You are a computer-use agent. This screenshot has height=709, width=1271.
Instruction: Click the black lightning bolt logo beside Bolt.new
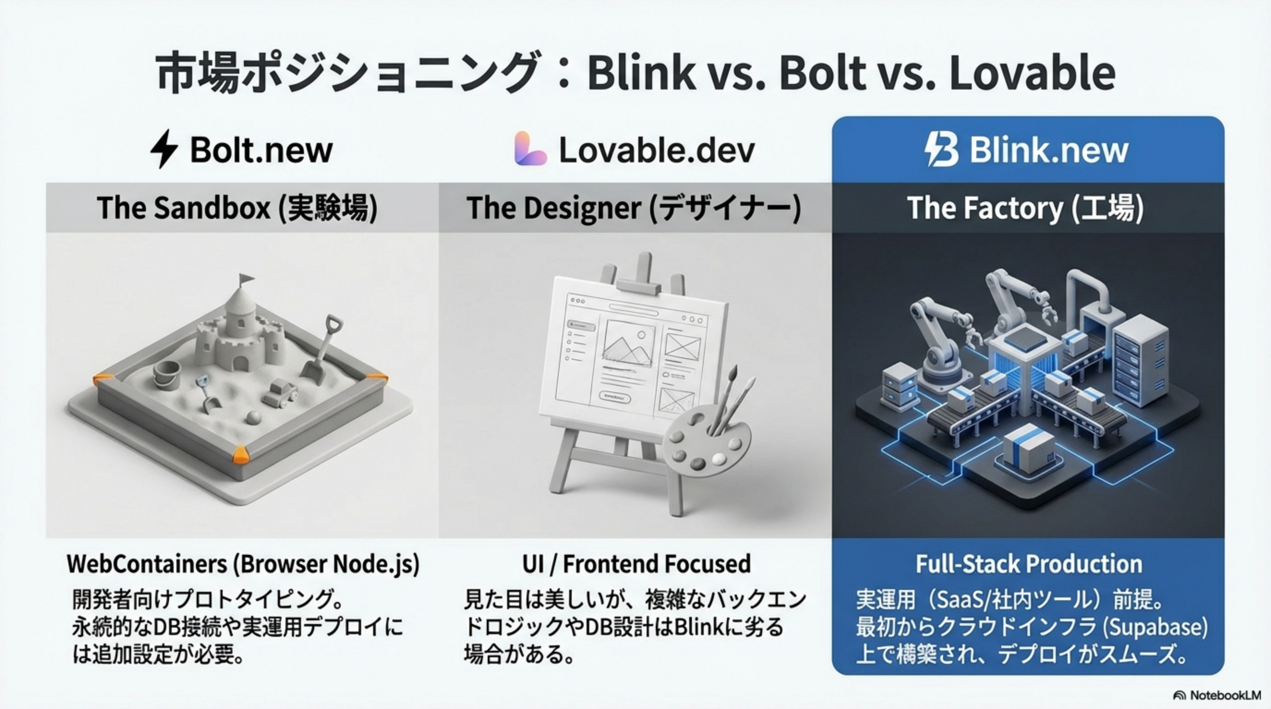[163, 149]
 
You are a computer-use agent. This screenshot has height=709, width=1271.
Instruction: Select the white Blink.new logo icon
[941, 149]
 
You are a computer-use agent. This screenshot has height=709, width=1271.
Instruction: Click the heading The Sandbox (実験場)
[237, 208]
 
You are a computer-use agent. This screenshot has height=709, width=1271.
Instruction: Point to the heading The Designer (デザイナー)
[634, 208]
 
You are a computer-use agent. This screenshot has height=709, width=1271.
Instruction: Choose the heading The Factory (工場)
[1025, 208]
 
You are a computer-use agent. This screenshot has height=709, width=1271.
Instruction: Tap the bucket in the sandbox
[167, 375]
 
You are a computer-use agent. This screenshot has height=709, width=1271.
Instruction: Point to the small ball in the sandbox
[254, 418]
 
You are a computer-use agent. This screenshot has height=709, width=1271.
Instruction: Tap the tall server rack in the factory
[1140, 360]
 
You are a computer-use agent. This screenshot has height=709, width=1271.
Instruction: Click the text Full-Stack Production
[1029, 564]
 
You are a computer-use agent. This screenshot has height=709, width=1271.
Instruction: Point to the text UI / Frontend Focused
[636, 564]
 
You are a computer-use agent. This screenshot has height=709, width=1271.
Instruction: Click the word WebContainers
[147, 564]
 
